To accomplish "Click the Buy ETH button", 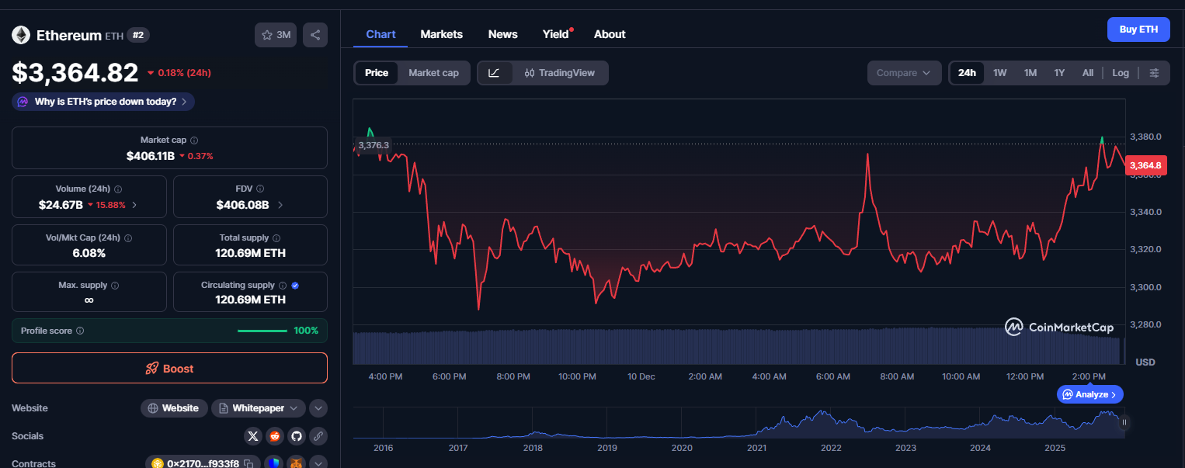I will pos(1138,29).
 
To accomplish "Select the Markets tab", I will pos(441,34).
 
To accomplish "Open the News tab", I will pos(502,34).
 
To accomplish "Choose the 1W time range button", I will pos(999,73).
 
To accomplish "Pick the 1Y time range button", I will pos(1059,73).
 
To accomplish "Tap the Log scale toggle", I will pos(1120,73).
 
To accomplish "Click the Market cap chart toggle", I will pos(433,73).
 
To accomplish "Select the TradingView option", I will pos(559,73).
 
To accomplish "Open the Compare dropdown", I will pos(903,73).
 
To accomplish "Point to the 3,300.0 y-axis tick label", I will pos(1145,287).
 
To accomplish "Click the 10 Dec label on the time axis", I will pos(641,376).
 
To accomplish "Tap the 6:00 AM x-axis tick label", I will pos(832,376).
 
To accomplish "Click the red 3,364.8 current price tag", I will pos(1145,165).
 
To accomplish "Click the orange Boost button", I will pos(169,368).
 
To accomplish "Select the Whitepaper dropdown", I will pos(259,407).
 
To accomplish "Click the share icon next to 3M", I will pos(314,35).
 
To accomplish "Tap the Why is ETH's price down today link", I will pos(105,102).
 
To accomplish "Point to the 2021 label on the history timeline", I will pos(756,448).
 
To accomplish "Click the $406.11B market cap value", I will pos(151,156).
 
